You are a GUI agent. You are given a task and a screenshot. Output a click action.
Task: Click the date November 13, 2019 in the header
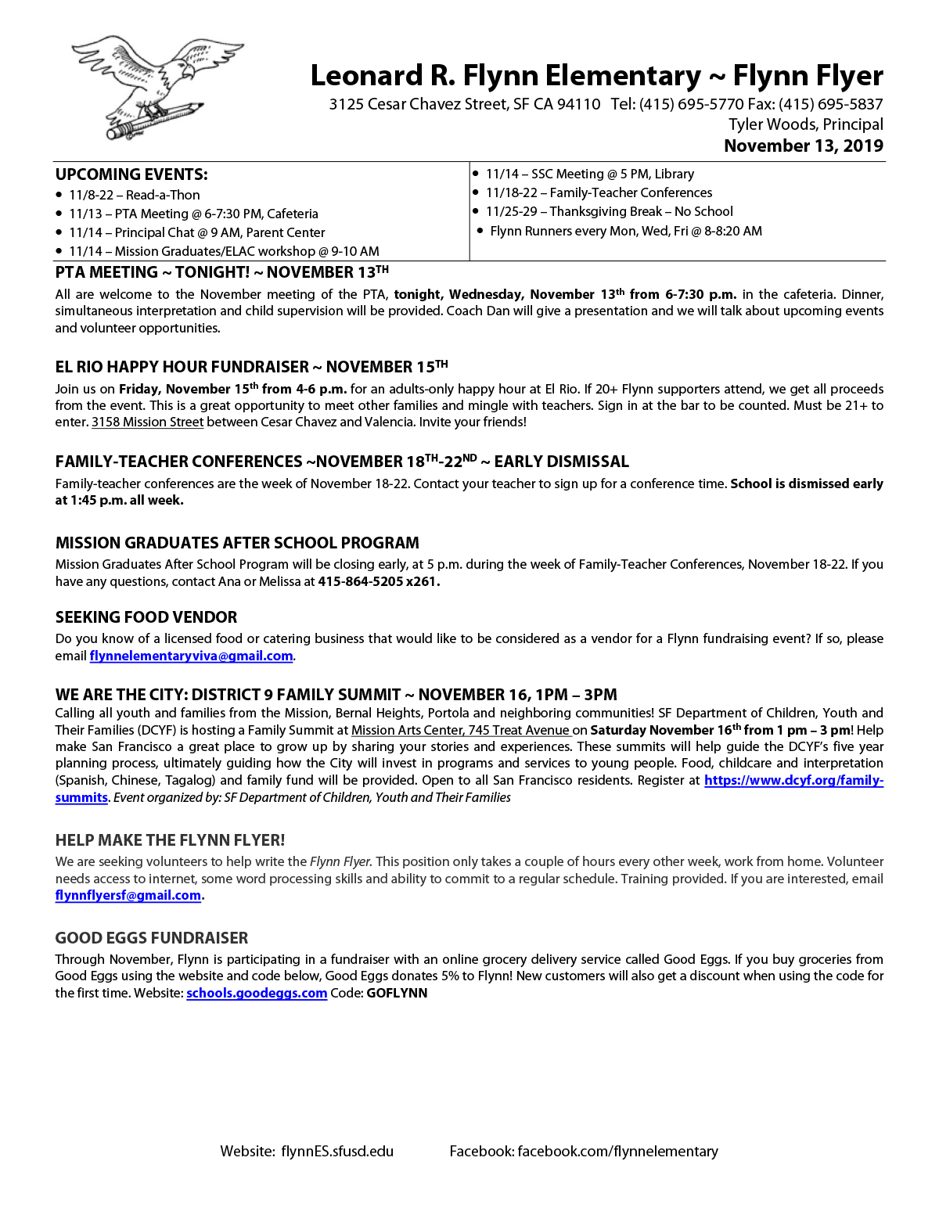click(803, 146)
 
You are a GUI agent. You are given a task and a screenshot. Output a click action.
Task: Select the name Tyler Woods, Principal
click(805, 124)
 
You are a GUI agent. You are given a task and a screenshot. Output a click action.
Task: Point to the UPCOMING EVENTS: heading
click(131, 174)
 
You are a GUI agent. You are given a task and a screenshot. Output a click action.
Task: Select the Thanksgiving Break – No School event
click(609, 211)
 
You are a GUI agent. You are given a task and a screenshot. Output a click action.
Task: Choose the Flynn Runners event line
click(625, 231)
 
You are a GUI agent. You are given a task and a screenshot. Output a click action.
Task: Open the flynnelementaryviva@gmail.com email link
click(191, 656)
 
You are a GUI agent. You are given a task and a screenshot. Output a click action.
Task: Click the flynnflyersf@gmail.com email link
click(128, 895)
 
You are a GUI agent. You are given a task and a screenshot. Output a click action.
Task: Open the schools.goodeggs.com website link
click(257, 993)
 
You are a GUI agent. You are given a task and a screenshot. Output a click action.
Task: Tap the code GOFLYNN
click(397, 993)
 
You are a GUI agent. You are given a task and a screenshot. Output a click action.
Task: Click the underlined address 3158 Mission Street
click(147, 422)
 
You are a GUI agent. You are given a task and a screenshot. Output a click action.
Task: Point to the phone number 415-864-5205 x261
click(378, 581)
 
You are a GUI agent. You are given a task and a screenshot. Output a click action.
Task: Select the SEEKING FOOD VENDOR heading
click(146, 617)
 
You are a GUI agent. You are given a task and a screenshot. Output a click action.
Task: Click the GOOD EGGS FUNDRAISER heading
click(152, 938)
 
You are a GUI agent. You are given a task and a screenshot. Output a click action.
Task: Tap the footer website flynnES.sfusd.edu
click(337, 1151)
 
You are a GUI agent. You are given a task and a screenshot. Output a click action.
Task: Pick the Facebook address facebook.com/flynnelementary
click(617, 1151)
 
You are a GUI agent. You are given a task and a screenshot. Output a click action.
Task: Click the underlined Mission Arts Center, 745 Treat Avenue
click(460, 730)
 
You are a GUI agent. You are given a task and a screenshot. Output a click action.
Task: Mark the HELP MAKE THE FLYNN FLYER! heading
click(170, 840)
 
